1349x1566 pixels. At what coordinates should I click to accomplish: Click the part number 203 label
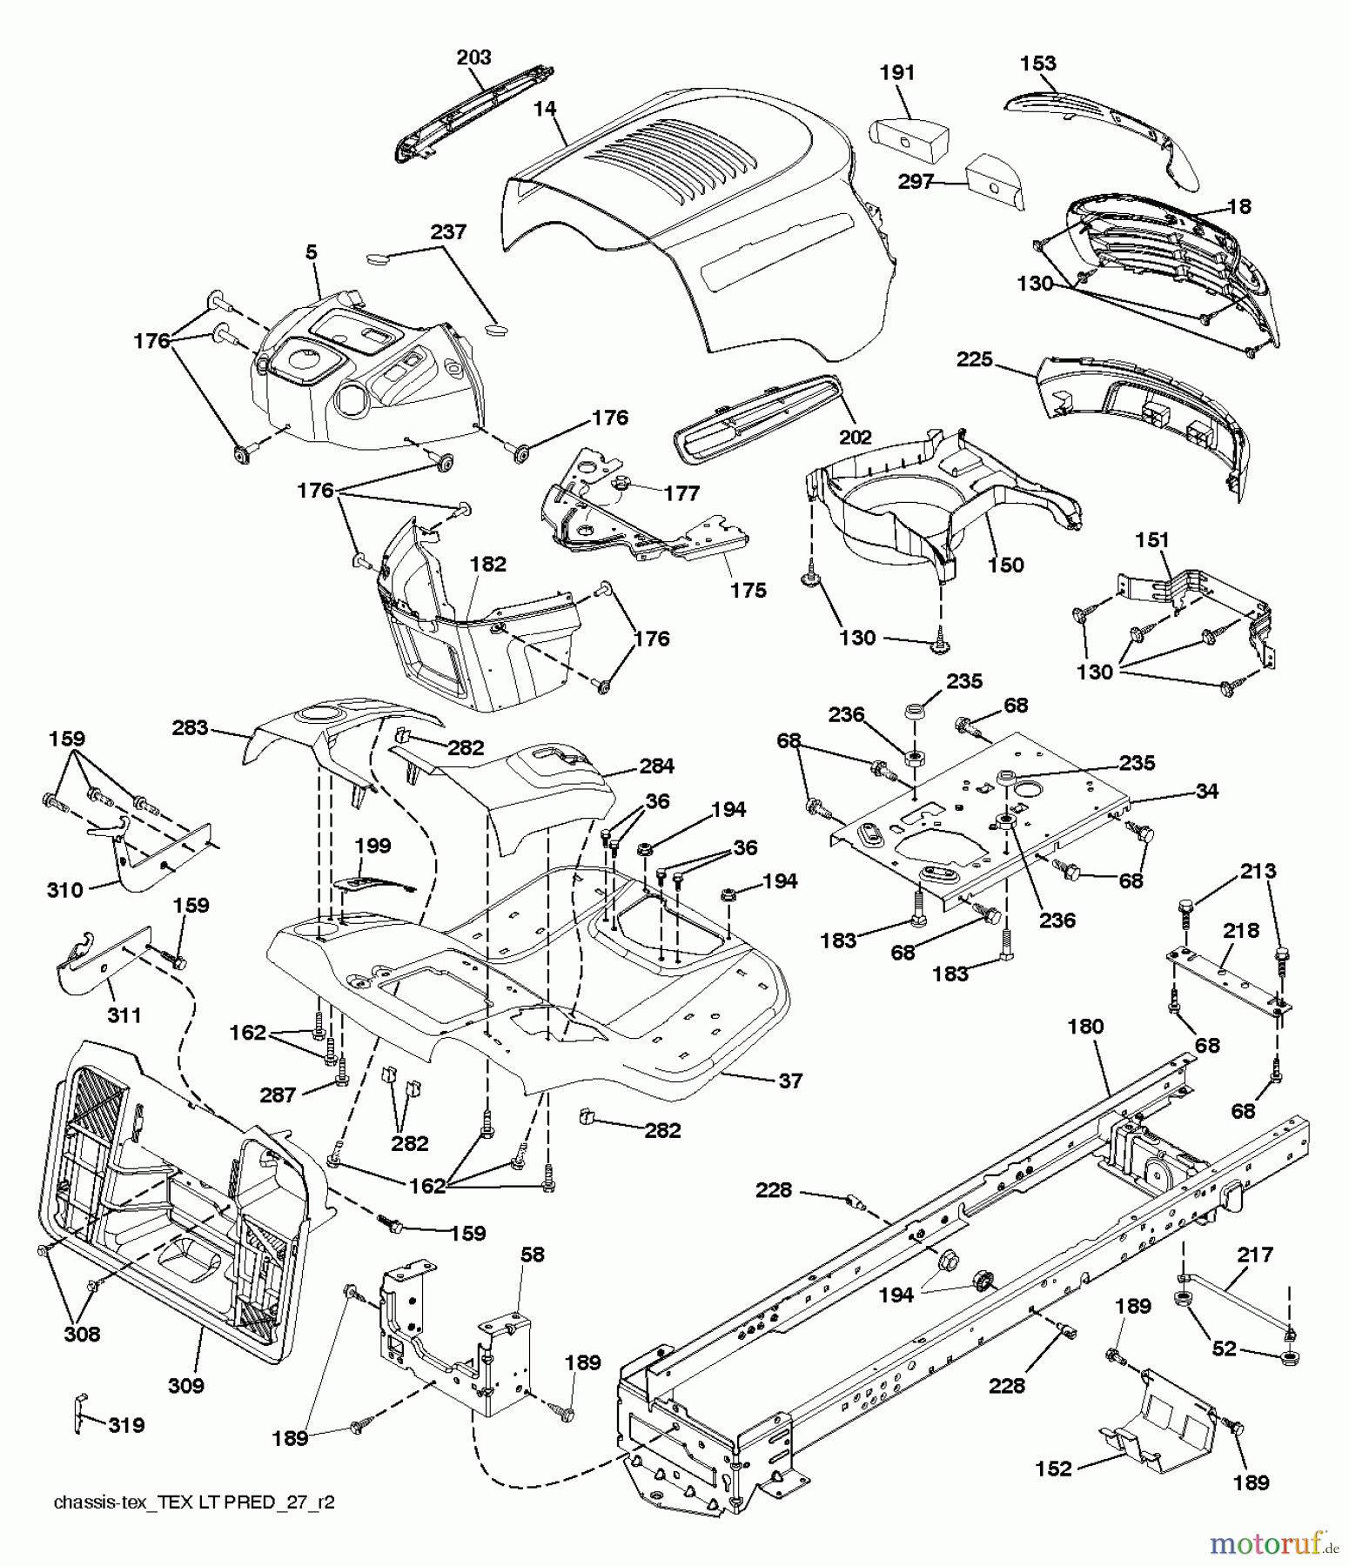pyautogui.click(x=473, y=57)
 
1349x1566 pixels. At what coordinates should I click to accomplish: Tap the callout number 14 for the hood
pyautogui.click(x=546, y=109)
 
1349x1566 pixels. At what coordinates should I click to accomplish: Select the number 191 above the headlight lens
pyautogui.click(x=897, y=73)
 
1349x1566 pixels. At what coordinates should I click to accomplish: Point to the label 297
pyautogui.click(x=916, y=182)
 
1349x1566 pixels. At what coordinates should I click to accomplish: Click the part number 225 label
pyautogui.click(x=974, y=358)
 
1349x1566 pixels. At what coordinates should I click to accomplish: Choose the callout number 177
pyautogui.click(x=681, y=493)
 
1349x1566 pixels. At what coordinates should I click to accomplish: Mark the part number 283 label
pyautogui.click(x=191, y=727)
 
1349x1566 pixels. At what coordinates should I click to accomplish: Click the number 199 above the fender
pyautogui.click(x=372, y=846)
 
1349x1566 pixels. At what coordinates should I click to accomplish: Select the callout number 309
pyautogui.click(x=185, y=1385)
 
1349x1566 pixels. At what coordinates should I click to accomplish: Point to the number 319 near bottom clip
pyautogui.click(x=126, y=1425)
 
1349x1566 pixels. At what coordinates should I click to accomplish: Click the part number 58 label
pyautogui.click(x=533, y=1254)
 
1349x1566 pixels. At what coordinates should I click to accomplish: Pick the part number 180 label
pyautogui.click(x=1085, y=1027)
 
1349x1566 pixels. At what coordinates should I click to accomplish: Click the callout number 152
pyautogui.click(x=1054, y=1469)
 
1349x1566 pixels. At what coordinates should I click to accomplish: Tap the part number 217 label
pyautogui.click(x=1254, y=1255)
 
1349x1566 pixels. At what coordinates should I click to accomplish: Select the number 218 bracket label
pyautogui.click(x=1241, y=931)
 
